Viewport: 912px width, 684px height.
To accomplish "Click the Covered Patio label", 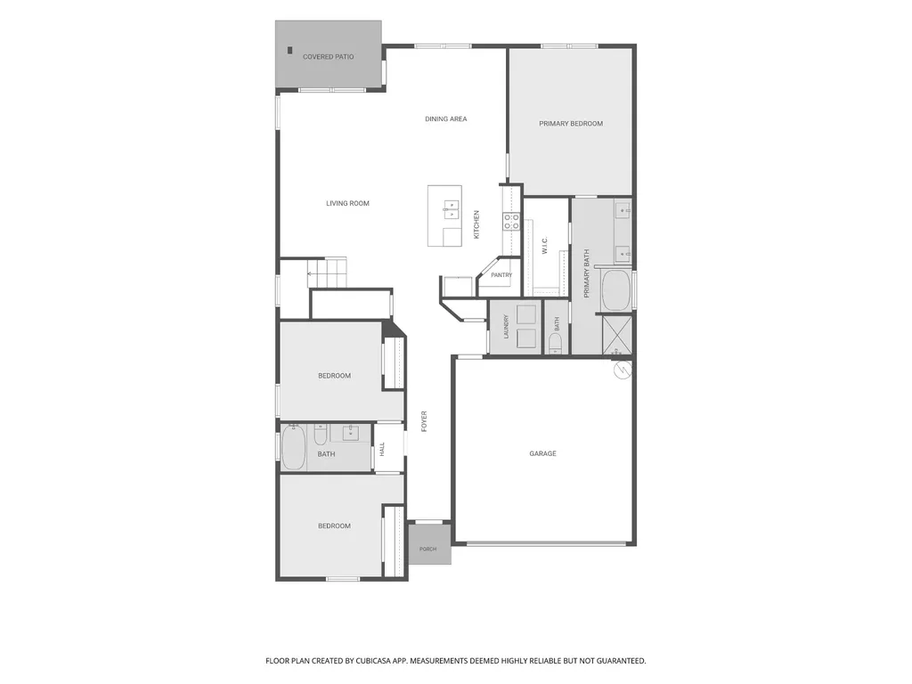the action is tap(328, 57).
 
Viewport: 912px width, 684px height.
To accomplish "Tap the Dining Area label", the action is tap(445, 119).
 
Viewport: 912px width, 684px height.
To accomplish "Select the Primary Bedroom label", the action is tap(571, 124).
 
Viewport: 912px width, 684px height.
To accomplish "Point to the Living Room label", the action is tap(347, 204).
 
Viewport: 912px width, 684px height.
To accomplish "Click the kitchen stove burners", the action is tap(511, 221).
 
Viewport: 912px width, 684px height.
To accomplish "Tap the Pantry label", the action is tap(501, 275).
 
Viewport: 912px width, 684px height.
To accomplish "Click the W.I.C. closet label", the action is tap(545, 246).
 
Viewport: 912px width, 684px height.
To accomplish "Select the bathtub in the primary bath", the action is tap(616, 290).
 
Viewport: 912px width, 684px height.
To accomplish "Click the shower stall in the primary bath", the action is tap(616, 334).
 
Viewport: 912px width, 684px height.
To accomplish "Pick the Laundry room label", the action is tap(506, 327).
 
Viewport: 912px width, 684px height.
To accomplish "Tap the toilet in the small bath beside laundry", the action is tap(556, 342).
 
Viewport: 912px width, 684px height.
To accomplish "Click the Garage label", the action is tap(542, 453).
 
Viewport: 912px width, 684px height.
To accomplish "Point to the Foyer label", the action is tap(424, 421).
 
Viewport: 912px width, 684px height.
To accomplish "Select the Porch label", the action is tap(428, 549).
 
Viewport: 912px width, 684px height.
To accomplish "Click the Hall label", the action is tap(382, 449).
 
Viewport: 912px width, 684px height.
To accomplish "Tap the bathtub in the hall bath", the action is tap(294, 447).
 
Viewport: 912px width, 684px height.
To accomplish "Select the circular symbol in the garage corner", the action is tap(623, 370).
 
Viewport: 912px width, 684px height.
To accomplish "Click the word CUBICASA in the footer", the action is tap(375, 661).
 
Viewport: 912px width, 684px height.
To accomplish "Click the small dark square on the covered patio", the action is tap(289, 50).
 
